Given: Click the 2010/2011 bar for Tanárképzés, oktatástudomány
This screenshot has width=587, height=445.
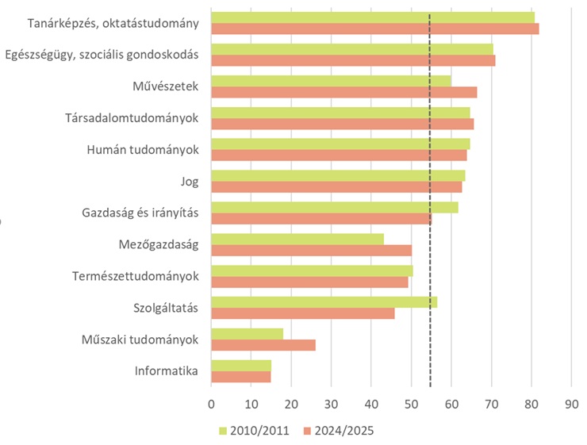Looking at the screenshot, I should coord(373,17).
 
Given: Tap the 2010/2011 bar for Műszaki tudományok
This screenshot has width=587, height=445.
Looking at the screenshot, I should coord(247,334).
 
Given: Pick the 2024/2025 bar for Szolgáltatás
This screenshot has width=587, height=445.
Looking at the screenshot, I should coord(302,313).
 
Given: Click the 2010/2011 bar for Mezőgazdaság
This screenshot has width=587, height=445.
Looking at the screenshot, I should coord(297,239).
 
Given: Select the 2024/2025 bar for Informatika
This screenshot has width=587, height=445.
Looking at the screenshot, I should coord(240,377).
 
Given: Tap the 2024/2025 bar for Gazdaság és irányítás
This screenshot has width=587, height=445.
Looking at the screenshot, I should coord(321,218).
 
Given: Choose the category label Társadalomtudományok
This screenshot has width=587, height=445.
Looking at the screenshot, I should coord(132,118).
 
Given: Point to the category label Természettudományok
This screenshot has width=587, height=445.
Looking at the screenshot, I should coord(135,277).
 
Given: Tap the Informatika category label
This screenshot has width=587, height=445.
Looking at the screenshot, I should coord(166,371).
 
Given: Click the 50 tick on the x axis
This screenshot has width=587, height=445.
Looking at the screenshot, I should coord(411,404).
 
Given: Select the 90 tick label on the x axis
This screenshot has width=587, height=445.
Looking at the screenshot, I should coord(571,404).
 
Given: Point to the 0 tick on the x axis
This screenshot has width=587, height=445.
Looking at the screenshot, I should coord(211,404).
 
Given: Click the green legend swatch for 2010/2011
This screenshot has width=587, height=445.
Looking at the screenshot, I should coord(224,431).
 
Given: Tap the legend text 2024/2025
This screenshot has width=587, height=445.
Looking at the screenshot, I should coord(343,431).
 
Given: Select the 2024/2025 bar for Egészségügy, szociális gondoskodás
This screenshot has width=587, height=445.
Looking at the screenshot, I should coord(353,60).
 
